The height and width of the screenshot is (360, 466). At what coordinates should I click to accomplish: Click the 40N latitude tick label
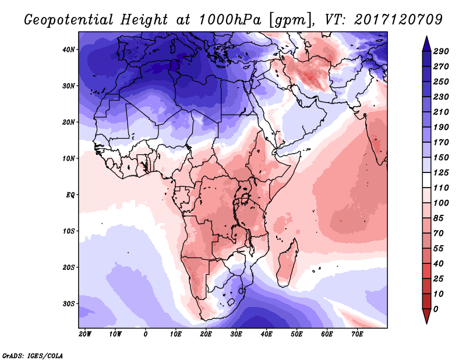point(69,50)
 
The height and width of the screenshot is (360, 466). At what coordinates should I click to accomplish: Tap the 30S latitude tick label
point(69,303)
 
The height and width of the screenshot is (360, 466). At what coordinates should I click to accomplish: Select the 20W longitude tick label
point(85,334)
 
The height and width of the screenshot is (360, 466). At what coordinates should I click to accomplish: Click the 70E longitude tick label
point(357,334)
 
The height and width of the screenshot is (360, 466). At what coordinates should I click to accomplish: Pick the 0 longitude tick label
point(146,334)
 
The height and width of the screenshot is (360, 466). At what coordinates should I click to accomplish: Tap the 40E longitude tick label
point(266,334)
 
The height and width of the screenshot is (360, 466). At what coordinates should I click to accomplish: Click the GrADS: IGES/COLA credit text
point(33,355)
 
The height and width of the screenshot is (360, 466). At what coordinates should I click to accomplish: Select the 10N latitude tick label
point(69,158)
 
